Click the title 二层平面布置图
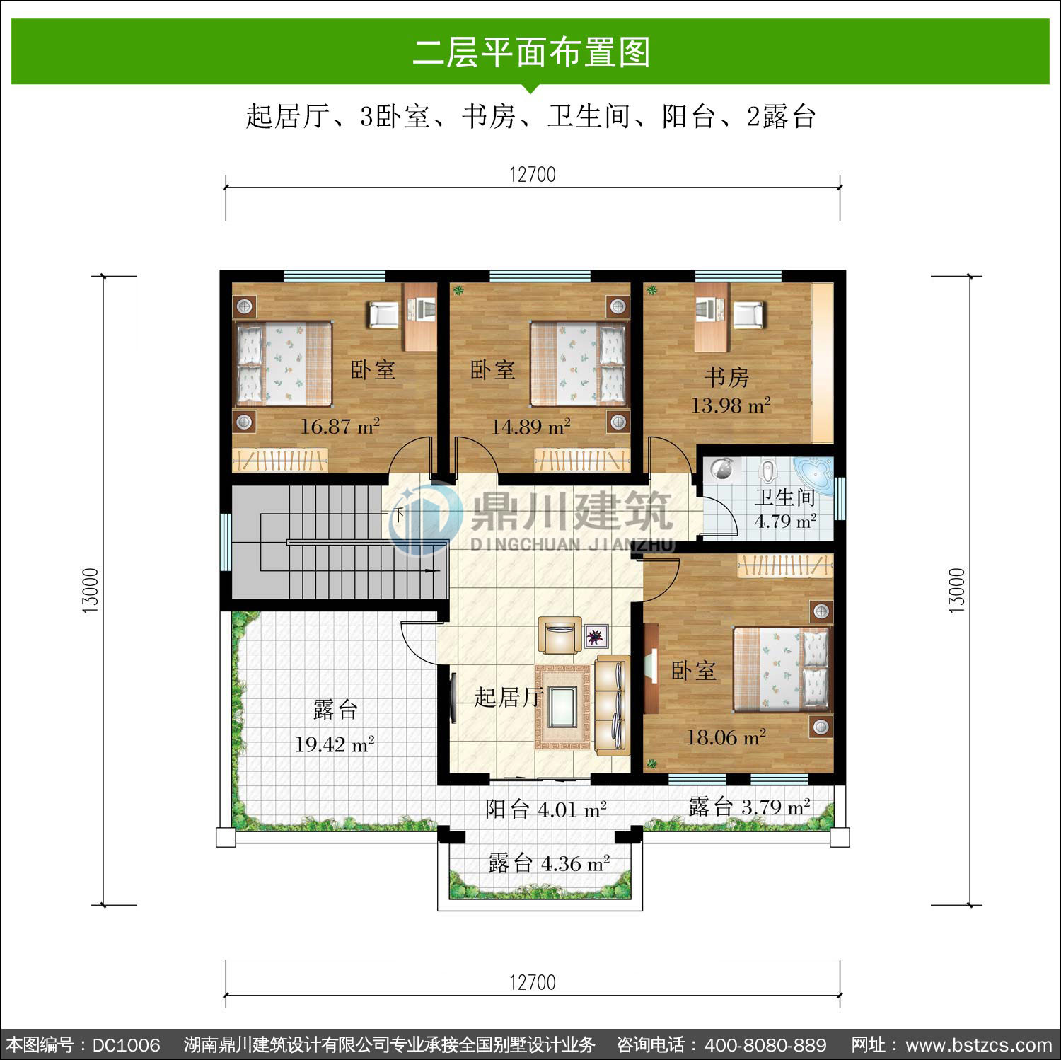pyautogui.click(x=531, y=52)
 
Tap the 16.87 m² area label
pyautogui.click(x=340, y=427)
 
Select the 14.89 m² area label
pyautogui.click(x=531, y=427)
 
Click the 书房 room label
pyautogui.click(x=726, y=377)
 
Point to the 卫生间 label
pyautogui.click(x=785, y=497)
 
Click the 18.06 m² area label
pyautogui.click(x=726, y=737)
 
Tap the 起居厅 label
pyautogui.click(x=509, y=697)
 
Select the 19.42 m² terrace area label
pyautogui.click(x=335, y=744)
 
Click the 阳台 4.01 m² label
pyautogui.click(x=546, y=809)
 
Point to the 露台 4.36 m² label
pyautogui.click(x=549, y=863)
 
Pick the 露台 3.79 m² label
pyautogui.click(x=750, y=807)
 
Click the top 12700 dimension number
pyautogui.click(x=533, y=174)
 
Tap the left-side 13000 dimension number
pyautogui.click(x=91, y=590)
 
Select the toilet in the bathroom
pyautogui.click(x=768, y=471)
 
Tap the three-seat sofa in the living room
pyautogui.click(x=612, y=705)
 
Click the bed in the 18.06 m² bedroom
pyautogui.click(x=782, y=669)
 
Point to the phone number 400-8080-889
pyautogui.click(x=765, y=1045)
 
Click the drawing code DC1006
pyautogui.click(x=127, y=1045)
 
